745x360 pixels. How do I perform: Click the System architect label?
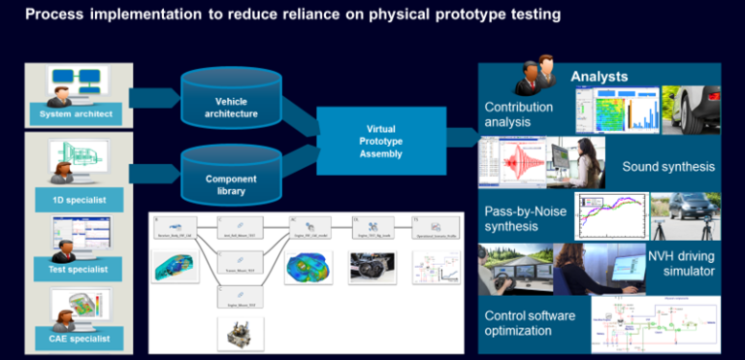[x=78, y=115]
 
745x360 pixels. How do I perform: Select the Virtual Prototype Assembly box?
[x=380, y=141]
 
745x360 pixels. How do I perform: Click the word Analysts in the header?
[x=599, y=77]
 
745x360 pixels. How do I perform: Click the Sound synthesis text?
[x=668, y=167]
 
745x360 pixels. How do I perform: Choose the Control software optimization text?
[x=531, y=323]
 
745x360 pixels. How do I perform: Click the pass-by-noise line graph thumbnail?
[x=608, y=216]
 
